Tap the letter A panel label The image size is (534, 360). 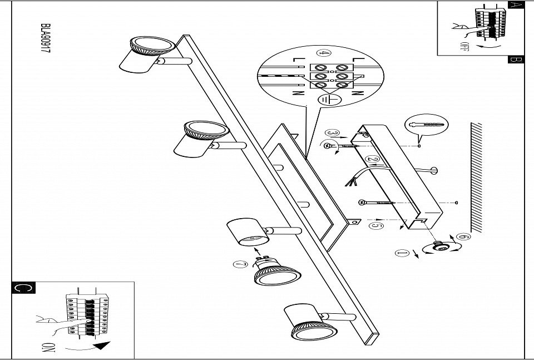(x=516, y=6)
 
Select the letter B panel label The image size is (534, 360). (x=516, y=60)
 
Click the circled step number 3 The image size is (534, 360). (x=333, y=133)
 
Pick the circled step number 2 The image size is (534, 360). (x=374, y=160)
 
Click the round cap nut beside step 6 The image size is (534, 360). (x=437, y=246)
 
